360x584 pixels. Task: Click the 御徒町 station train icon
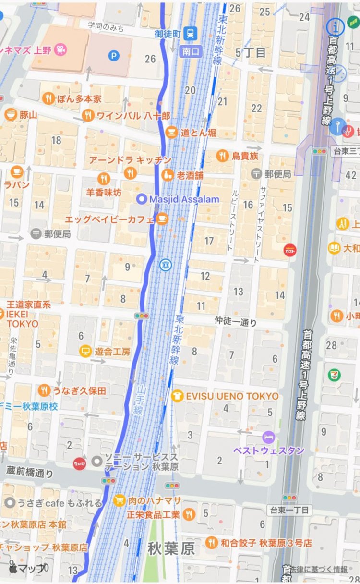(192, 33)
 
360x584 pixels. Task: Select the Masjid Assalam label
(184, 199)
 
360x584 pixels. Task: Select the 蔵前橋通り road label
(30, 473)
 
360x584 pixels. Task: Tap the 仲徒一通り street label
(236, 322)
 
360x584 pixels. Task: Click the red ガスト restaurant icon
(290, 250)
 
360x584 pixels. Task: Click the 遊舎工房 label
(112, 352)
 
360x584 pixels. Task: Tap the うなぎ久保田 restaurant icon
(45, 390)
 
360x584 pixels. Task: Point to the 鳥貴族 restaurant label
(245, 156)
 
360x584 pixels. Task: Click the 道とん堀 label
(198, 133)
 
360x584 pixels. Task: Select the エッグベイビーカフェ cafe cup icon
(162, 219)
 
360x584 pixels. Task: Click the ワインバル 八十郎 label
(133, 115)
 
